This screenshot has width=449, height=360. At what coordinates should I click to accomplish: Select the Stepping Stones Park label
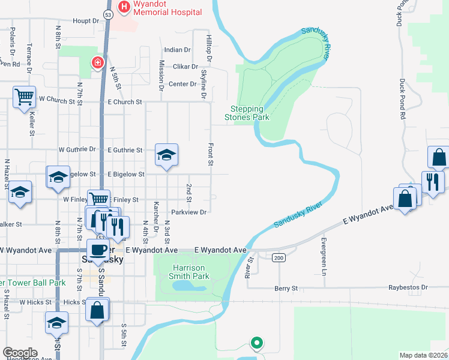[x=247, y=113]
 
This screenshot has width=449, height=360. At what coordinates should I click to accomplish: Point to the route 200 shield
[x=278, y=257]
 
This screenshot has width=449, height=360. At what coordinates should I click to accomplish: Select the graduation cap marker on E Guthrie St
[x=166, y=155]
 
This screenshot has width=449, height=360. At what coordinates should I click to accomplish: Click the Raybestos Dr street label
[x=407, y=287]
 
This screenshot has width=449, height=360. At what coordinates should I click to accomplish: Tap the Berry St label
[x=286, y=289]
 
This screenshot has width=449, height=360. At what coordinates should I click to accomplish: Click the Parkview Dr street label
[x=188, y=212]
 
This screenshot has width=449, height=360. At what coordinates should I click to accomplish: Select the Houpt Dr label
[x=86, y=20]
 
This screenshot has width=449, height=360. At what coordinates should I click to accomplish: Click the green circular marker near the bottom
[x=256, y=343]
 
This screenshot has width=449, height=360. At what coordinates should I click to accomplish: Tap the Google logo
[x=20, y=353]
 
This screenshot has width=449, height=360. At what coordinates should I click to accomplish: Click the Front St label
[x=210, y=154]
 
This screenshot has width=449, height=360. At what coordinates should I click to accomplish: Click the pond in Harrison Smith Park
[x=189, y=285]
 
